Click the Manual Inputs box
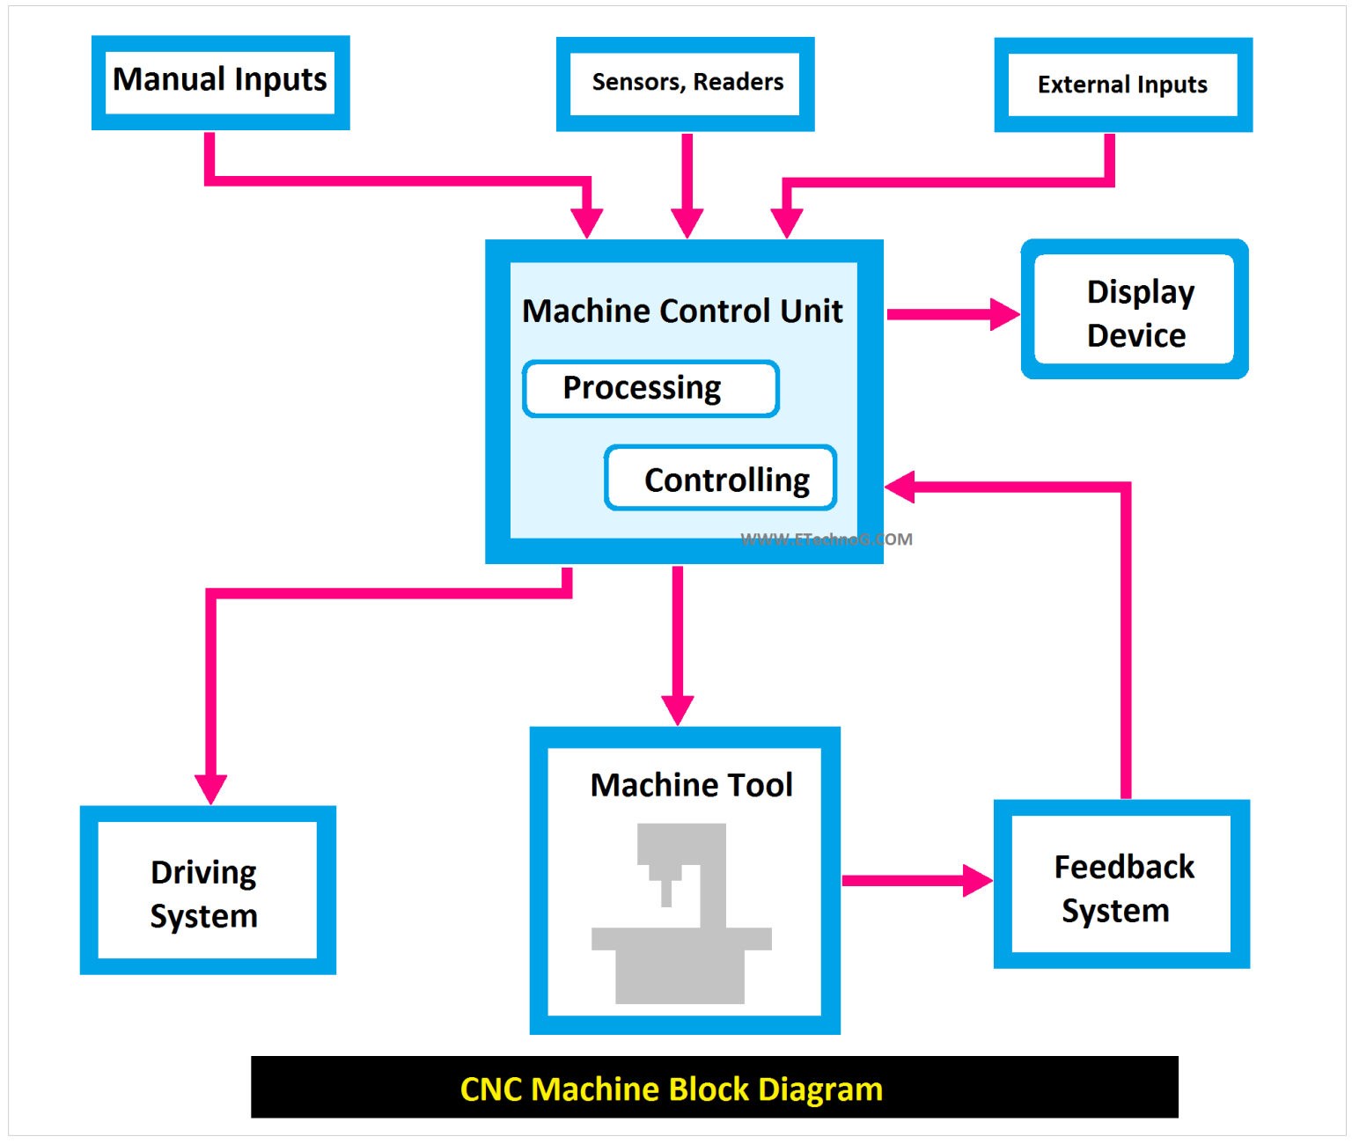click(220, 83)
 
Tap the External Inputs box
click(1122, 85)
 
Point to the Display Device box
click(1135, 310)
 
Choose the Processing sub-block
click(650, 388)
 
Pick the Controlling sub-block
click(720, 479)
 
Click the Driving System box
click(208, 891)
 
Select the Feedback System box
click(1121, 884)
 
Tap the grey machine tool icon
click(680, 915)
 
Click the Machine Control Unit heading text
click(682, 311)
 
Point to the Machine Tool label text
click(691, 784)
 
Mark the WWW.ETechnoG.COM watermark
click(826, 539)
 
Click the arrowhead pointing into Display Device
click(1003, 314)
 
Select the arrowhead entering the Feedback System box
click(977, 880)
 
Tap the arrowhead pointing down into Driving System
click(210, 788)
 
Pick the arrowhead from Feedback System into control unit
click(900, 487)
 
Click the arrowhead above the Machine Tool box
click(678, 709)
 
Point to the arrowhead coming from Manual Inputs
click(587, 223)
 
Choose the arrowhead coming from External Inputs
click(787, 223)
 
